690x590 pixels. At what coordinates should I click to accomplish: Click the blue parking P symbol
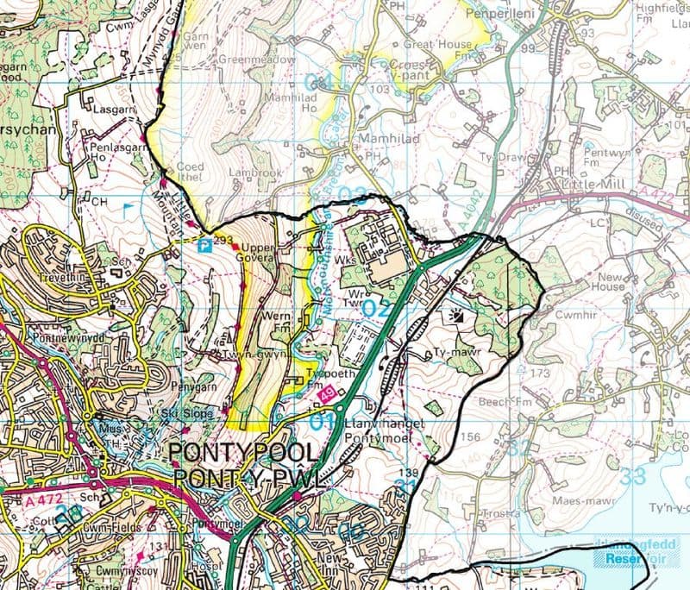(x=204, y=246)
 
